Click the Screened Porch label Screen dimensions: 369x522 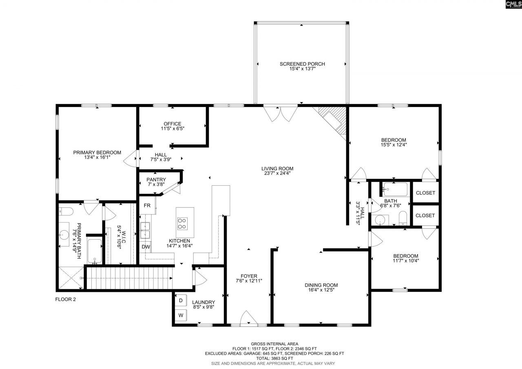tap(302, 64)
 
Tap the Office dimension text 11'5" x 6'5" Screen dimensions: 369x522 tap(172, 129)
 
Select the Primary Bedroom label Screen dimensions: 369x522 tap(97, 152)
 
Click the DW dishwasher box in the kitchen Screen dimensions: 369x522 tap(146, 247)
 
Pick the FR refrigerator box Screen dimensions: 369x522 tap(147, 206)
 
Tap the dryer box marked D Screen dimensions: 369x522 tap(181, 300)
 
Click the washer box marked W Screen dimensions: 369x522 tap(181, 315)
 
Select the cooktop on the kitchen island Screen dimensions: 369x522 tap(182, 223)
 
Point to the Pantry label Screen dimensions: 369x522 tap(156, 179)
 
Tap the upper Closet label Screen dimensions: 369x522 tap(425, 193)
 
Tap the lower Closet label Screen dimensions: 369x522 tap(425, 215)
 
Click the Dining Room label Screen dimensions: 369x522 tap(321, 285)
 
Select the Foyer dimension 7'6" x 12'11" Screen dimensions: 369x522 tap(249, 281)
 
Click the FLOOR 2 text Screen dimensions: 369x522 tap(66, 299)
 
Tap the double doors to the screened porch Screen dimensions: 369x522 tap(281, 112)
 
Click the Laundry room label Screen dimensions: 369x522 tap(203, 302)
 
